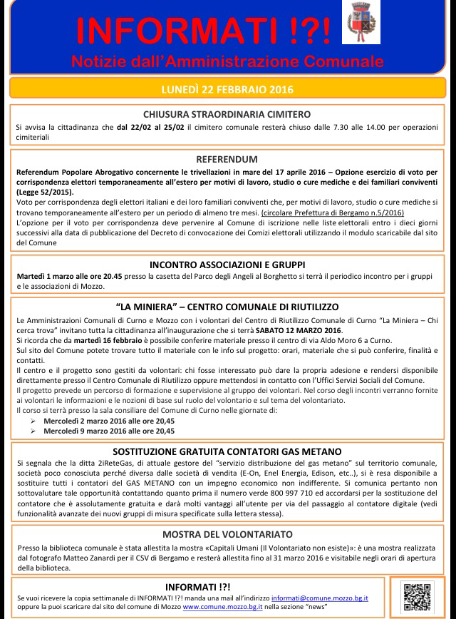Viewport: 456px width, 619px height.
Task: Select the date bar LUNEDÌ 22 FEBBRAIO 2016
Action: [227, 91]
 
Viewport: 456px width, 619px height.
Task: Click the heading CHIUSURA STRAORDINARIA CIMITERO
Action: [227, 114]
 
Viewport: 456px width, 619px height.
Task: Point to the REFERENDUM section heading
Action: [227, 159]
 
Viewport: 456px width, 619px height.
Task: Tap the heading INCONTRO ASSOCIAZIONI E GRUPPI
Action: [227, 262]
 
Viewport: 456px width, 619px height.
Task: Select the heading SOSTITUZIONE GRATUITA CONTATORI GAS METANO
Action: [227, 451]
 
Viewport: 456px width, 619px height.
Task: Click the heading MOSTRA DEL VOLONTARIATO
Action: [227, 533]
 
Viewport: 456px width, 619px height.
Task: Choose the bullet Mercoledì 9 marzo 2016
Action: [109, 431]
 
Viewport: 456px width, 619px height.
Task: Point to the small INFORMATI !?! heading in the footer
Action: [192, 583]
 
